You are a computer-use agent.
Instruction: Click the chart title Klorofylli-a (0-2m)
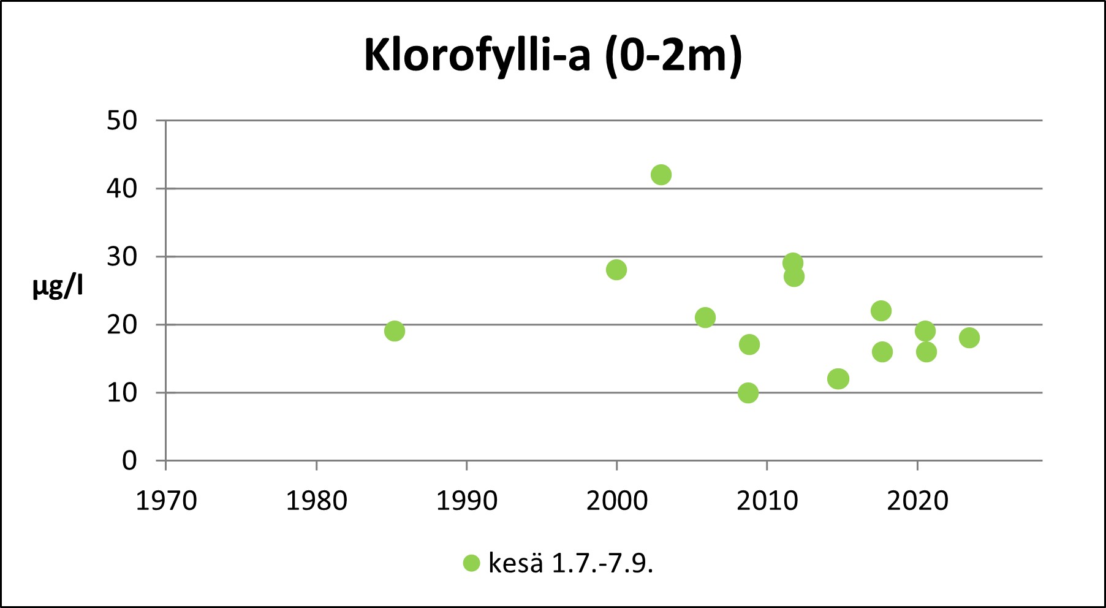coord(553,56)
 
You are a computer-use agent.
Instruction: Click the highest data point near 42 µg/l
coord(661,175)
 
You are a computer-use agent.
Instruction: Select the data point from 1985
coord(395,331)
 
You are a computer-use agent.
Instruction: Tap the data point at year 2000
coord(616,270)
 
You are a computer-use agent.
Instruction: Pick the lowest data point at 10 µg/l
coord(748,393)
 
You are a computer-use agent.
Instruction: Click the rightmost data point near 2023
coord(969,338)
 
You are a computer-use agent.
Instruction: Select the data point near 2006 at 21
coord(705,317)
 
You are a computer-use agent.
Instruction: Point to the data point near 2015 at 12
coord(838,379)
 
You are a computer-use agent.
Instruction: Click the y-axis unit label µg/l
coord(58,287)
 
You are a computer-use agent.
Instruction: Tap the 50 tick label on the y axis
coord(122,121)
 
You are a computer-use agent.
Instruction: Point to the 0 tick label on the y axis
coord(129,460)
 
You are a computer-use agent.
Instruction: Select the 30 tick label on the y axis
coord(122,257)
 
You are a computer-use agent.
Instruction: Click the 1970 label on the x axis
coord(166,501)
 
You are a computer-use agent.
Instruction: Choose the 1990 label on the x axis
coord(466,501)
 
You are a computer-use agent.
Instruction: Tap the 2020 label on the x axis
coord(917,501)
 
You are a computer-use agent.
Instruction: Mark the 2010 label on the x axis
coord(767,501)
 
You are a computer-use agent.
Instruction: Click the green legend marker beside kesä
coord(471,563)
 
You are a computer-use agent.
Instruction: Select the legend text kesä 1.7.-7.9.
coord(570,563)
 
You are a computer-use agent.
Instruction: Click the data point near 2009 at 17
coord(749,344)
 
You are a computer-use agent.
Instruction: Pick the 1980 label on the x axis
coord(317,501)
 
